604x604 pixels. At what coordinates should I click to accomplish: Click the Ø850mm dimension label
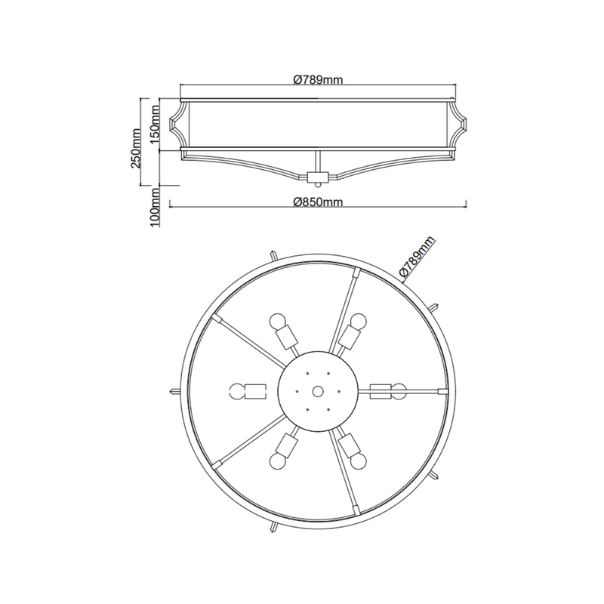point(318,202)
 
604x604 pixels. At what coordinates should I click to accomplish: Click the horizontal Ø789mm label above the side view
point(318,79)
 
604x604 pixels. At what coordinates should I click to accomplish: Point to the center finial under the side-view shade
point(318,177)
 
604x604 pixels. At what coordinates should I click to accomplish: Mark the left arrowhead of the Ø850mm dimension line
point(171,202)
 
